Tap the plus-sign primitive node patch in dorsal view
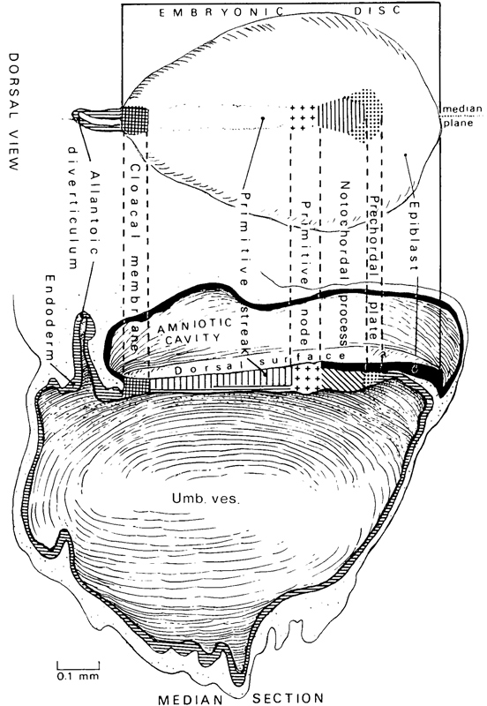tap(303, 117)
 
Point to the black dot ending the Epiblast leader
tap(404, 155)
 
